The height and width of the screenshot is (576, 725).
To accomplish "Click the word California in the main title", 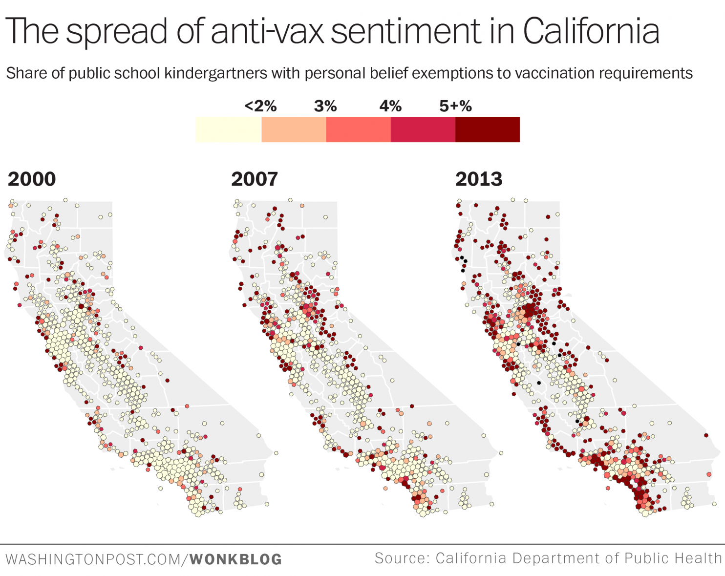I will (591, 31).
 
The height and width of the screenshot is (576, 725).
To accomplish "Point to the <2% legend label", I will (260, 106).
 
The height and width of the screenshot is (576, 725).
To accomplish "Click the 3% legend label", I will (325, 106).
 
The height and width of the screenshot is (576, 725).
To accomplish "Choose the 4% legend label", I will (390, 106).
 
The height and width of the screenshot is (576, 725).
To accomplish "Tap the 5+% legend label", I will (455, 106).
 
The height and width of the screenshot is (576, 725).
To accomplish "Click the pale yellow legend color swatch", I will (228, 129).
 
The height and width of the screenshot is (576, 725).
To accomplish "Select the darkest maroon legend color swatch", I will (488, 129).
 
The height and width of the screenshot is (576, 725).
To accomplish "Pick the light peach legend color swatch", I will (294, 129).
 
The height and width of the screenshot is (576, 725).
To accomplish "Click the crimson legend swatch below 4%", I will (423, 129).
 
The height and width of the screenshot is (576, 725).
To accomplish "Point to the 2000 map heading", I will (32, 179).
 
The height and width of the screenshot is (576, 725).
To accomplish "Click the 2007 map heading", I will (255, 179).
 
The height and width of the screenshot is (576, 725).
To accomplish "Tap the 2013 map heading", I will (479, 179).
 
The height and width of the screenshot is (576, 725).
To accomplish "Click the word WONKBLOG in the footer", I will (236, 559).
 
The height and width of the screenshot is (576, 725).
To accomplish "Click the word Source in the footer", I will (402, 558).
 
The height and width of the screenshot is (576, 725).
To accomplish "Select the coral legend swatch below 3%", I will (358, 129).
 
